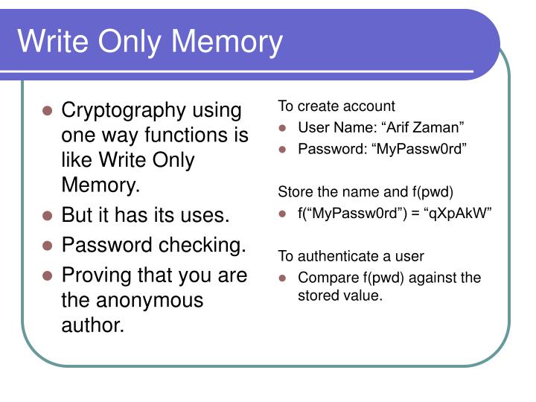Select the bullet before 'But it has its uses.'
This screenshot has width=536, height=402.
pyautogui.click(x=47, y=216)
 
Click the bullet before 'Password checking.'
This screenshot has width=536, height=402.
pyautogui.click(x=47, y=245)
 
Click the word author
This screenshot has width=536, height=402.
pyautogui.click(x=93, y=325)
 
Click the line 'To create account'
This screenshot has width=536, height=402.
pyautogui.click(x=336, y=106)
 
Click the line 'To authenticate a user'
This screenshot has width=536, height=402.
pyautogui.click(x=351, y=256)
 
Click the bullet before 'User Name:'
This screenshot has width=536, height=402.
pyautogui.click(x=283, y=128)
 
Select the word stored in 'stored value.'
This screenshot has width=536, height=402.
pyautogui.click(x=316, y=295)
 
